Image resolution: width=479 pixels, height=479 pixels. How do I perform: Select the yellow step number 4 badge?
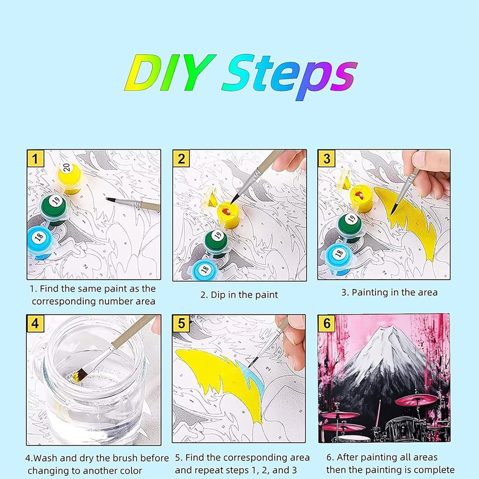click(35, 323)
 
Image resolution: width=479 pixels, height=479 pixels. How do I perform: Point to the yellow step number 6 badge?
click(327, 323)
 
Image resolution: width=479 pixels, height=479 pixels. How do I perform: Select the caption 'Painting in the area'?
click(395, 293)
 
